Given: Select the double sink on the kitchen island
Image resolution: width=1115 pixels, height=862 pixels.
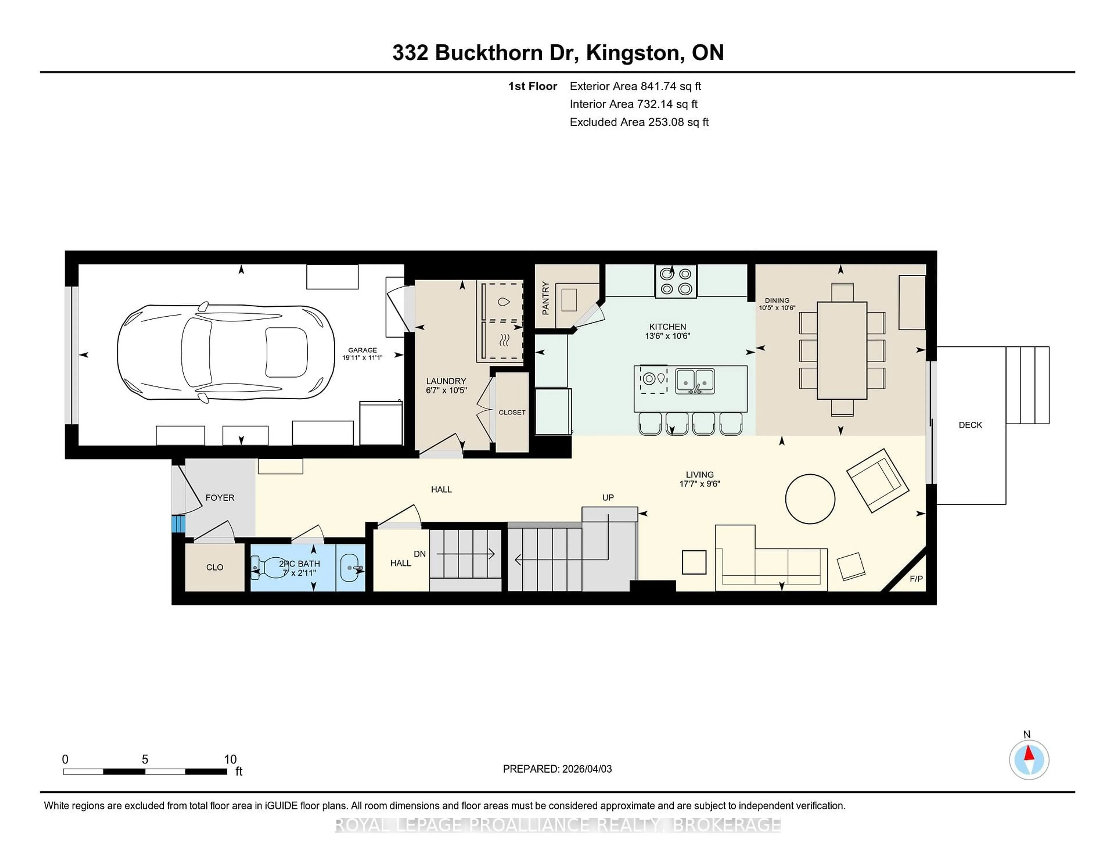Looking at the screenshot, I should click(x=695, y=381).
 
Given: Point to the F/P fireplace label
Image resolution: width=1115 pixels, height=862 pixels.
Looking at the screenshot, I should click(x=916, y=579).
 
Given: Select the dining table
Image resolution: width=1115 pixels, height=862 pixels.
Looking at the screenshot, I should click(x=841, y=350).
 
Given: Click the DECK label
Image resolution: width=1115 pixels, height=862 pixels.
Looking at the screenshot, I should click(x=970, y=425).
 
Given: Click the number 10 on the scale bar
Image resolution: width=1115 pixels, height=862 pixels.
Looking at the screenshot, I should click(x=230, y=759).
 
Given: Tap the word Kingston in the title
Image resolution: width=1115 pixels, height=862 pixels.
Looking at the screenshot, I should click(x=632, y=53).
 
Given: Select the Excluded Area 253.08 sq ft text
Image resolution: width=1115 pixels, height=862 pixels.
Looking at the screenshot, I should click(x=639, y=122).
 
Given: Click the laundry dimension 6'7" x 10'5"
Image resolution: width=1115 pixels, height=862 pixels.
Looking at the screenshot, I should click(x=446, y=390).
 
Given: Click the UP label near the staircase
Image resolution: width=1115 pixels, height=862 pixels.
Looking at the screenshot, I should click(x=607, y=498).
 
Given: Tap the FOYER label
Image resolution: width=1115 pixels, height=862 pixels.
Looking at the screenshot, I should click(x=220, y=498).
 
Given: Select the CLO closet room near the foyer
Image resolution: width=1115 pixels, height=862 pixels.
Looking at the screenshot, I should click(x=214, y=567).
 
